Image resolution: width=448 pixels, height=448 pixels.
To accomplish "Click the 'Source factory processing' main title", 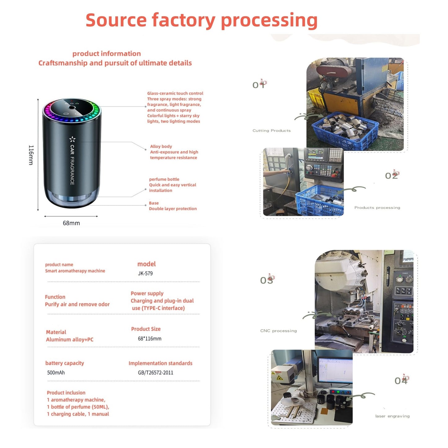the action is [201, 20].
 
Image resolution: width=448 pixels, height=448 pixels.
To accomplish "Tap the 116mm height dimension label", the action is [31, 155].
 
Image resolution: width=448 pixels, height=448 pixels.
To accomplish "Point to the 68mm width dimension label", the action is [71, 223].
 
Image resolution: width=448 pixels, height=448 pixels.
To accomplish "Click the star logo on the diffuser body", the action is [72, 139].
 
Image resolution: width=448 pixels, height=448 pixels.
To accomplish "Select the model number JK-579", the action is [145, 273].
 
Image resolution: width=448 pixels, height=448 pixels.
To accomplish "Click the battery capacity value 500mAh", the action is [56, 372].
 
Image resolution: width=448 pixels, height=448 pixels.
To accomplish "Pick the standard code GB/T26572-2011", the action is [156, 372].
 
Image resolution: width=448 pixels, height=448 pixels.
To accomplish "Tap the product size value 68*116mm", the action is [149, 339].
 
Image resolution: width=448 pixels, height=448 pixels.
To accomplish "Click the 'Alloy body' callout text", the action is [161, 146].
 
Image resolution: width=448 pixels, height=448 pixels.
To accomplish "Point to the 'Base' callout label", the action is [154, 203].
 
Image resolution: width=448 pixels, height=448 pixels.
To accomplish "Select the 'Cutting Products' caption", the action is [272, 131].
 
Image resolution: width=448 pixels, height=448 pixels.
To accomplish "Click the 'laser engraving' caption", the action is [393, 416].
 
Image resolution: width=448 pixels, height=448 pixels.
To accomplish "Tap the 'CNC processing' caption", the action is [278, 330].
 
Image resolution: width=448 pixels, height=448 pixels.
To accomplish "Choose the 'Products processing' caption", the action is [377, 208].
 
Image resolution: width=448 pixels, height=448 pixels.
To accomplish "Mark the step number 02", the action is [392, 175].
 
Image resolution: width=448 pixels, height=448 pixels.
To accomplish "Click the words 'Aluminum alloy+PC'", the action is [69, 339].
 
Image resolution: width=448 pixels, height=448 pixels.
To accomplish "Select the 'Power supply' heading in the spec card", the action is [147, 293].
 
